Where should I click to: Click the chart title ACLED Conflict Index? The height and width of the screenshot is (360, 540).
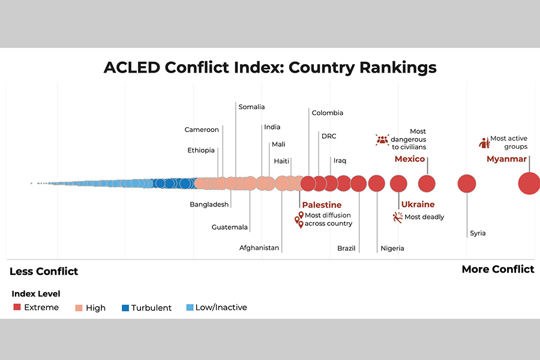tap(270, 67)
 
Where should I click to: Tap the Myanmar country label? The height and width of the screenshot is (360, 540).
tap(506, 159)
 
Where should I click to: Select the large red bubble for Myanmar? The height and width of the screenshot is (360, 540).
tap(529, 183)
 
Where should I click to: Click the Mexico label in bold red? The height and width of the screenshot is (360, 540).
tap(409, 159)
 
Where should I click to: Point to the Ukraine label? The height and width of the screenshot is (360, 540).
tap(418, 205)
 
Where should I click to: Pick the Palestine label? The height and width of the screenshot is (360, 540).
tap(322, 205)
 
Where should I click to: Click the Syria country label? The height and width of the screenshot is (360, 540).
tap(478, 233)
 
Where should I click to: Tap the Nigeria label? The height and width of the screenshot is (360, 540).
tap(392, 248)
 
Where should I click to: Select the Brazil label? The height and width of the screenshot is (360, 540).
tap(346, 248)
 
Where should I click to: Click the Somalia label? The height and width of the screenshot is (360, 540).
tap(251, 107)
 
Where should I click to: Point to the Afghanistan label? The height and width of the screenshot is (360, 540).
tap(259, 248)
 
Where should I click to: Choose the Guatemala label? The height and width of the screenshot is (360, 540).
tap(230, 227)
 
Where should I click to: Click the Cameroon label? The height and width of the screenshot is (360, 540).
tap(202, 130)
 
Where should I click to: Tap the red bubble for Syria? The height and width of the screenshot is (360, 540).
tap(467, 184)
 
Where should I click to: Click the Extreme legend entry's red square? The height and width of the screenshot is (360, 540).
tap(17, 307)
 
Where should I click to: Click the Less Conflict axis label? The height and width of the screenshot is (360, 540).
tap(44, 271)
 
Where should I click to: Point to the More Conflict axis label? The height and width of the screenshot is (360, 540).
tap(497, 269)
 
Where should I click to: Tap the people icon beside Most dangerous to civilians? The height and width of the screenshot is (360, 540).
tap(382, 140)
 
